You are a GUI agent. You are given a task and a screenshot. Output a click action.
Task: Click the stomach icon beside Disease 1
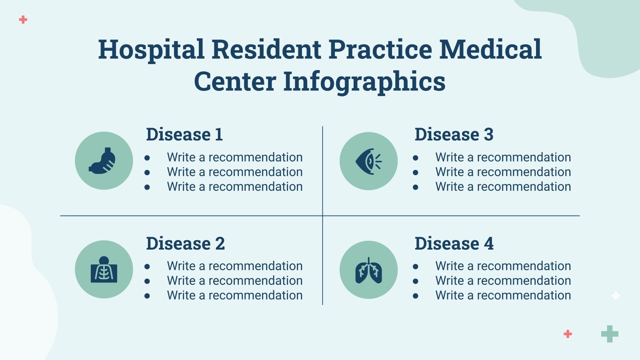[103, 161]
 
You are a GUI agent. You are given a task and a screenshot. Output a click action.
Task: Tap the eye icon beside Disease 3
[368, 161]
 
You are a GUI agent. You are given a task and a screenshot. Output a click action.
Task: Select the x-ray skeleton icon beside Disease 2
[104, 270]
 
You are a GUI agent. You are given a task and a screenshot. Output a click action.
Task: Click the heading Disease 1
[184, 134]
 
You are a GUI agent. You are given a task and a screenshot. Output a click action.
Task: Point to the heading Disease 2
[185, 244]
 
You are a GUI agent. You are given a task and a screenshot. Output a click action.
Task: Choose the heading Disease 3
[454, 134]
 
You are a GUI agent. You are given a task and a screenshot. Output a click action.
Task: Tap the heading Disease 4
[454, 244]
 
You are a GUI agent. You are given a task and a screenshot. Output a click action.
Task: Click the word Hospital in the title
[151, 50]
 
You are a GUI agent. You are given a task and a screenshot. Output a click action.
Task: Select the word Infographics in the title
[364, 82]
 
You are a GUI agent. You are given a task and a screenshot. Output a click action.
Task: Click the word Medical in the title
[490, 50]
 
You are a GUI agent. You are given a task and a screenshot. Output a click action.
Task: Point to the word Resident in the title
[266, 50]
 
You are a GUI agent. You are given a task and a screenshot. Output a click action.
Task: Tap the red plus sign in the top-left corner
[23, 19]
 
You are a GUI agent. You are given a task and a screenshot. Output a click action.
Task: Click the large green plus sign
[610, 334]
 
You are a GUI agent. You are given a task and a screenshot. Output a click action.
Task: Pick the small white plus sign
[616, 296]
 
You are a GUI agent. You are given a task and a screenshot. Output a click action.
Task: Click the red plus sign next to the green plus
[568, 334]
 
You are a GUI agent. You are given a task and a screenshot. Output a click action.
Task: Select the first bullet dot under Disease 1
[147, 158]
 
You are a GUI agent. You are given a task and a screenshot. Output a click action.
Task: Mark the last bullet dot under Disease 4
[416, 296]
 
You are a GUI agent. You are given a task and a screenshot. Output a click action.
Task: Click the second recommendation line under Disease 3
[503, 172]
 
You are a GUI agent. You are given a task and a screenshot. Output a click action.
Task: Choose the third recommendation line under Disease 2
[234, 295]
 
